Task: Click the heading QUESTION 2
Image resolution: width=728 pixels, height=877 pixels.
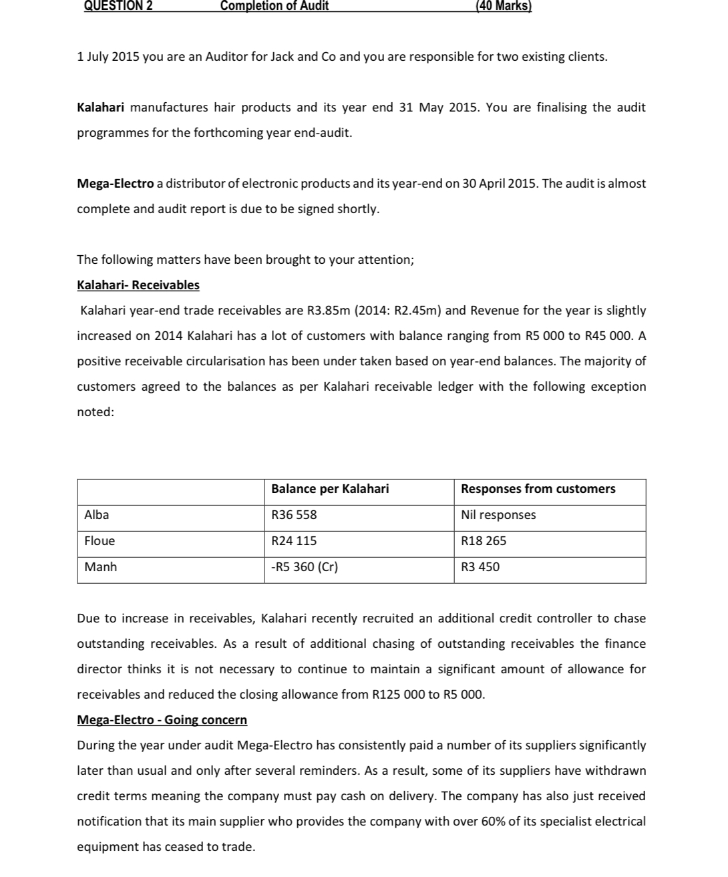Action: tap(118, 6)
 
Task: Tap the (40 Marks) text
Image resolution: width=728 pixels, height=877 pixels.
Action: tap(503, 6)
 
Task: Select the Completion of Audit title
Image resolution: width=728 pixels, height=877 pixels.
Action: tap(275, 6)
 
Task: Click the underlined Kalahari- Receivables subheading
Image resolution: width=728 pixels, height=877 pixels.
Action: tap(138, 285)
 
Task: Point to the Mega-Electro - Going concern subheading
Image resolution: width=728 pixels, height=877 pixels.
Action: tap(162, 720)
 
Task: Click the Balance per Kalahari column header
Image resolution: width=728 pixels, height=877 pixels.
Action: tap(330, 489)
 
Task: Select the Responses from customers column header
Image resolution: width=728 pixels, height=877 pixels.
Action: tap(538, 489)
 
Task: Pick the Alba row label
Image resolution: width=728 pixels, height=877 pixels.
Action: tap(97, 515)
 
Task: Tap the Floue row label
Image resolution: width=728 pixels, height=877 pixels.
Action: tap(100, 541)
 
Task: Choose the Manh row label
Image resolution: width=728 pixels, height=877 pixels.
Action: tap(101, 567)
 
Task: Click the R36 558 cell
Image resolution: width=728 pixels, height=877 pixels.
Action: tap(294, 515)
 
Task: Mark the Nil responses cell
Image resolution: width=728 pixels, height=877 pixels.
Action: tap(498, 515)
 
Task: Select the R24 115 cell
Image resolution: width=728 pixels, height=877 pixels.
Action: tap(294, 541)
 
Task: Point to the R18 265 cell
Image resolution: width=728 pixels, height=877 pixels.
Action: tap(484, 541)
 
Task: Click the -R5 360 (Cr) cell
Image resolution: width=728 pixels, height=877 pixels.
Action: tap(305, 567)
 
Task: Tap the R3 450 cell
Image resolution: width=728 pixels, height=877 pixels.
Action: tap(480, 567)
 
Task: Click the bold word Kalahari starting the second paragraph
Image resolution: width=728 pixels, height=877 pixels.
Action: tap(102, 108)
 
